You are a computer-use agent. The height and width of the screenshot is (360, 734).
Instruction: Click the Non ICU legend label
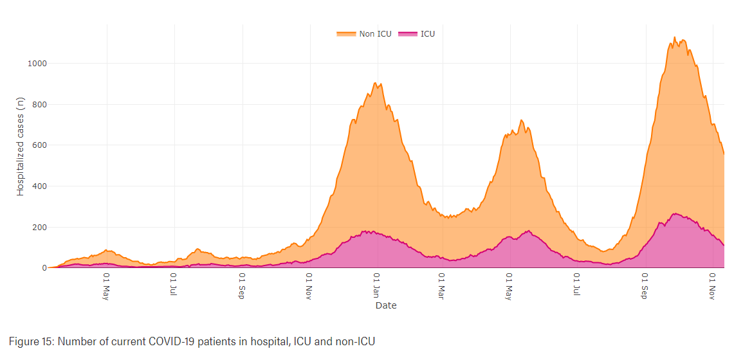click(x=375, y=33)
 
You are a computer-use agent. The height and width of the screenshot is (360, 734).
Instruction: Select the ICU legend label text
click(x=428, y=33)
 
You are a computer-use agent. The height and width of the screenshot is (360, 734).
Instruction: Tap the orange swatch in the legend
click(x=346, y=33)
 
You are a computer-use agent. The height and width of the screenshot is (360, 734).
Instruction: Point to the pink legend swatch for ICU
click(x=408, y=33)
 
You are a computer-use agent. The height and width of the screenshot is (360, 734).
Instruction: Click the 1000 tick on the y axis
click(x=37, y=63)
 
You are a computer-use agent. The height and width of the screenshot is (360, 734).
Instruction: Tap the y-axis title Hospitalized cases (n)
click(x=21, y=147)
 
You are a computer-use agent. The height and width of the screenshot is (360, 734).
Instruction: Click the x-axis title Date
click(x=386, y=305)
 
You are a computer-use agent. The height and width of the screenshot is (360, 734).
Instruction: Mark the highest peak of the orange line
click(x=674, y=37)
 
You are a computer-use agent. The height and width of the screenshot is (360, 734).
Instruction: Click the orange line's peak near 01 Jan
click(x=375, y=83)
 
